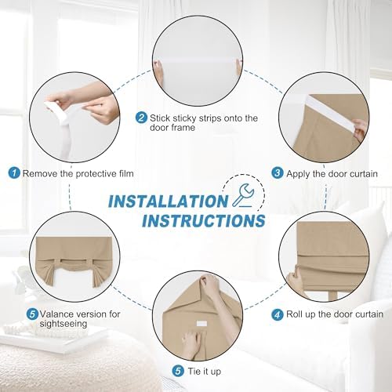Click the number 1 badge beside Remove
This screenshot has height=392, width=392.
click(14, 173)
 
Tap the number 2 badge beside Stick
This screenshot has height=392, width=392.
click(141, 118)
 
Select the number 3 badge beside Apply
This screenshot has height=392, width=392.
click(278, 173)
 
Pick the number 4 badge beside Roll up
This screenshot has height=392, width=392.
click(278, 314)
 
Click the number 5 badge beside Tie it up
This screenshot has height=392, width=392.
click(178, 371)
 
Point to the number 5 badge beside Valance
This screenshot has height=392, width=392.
click(32, 314)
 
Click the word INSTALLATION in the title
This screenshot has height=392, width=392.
click(169, 201)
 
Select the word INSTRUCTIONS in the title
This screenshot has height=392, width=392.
click(204, 220)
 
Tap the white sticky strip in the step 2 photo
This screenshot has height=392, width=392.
click(197, 64)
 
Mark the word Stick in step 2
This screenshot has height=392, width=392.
click(160, 118)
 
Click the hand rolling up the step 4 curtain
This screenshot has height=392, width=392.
click(296, 283)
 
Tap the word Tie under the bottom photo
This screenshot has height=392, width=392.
click(194, 371)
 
